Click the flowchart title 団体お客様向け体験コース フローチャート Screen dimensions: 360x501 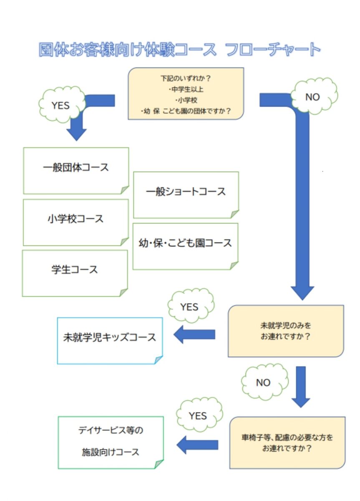tap(180, 49)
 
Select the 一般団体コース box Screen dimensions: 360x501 tap(76, 171)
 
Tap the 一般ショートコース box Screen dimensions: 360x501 tap(186, 195)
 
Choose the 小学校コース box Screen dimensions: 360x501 tap(76, 223)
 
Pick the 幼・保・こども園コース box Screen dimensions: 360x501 tap(185, 246)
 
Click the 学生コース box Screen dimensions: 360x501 tap(75, 273)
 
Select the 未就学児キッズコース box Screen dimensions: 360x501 tap(110, 341)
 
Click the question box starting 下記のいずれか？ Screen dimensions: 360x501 tap(186, 94)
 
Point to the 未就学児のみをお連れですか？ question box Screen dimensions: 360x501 tap(286, 331)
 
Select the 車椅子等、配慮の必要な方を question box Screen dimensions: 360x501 tap(287, 443)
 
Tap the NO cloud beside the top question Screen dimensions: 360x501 tap(314, 96)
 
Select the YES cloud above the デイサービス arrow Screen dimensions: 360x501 tap(199, 415)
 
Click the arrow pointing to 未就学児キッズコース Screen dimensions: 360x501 tap(194, 334)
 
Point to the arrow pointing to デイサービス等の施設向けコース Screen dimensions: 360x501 tap(197, 445)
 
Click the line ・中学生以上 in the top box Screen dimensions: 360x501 tap(186, 89)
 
